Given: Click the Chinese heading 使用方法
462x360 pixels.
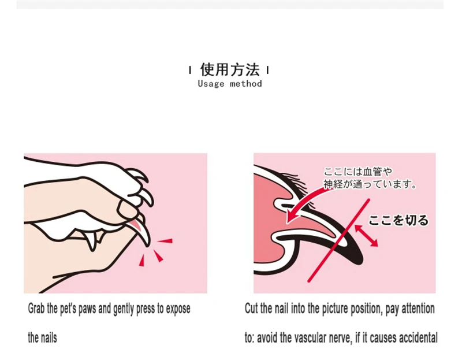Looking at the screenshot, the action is pos(230,69).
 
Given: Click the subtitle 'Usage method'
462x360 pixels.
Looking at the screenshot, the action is pos(230,84).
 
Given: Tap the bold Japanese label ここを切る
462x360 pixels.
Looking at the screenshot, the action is pos(398,220).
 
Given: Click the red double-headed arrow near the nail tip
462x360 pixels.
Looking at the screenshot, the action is pos(366,236).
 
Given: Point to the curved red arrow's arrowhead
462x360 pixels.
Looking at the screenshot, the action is pos(292,217).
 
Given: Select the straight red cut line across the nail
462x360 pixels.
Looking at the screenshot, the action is pos(338,240).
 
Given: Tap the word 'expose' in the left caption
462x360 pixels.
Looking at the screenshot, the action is pos(178,309).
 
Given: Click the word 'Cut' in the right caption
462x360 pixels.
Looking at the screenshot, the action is pos(251,309).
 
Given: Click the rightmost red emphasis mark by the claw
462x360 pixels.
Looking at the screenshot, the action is pos(165,241).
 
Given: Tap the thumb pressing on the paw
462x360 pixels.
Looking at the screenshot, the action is pos(127,209).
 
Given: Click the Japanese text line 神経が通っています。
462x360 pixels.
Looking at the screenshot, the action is pos(370,184).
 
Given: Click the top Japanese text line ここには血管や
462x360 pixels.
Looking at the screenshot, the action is pos(357,172).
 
